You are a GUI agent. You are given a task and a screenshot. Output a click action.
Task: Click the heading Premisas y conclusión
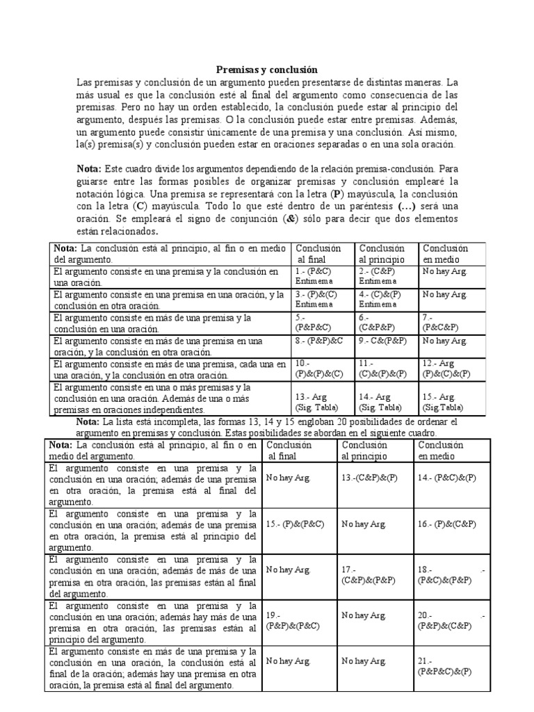click(266, 70)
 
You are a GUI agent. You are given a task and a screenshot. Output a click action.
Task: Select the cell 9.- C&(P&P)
click(384, 341)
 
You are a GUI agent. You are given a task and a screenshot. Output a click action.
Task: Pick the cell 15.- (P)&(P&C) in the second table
click(298, 524)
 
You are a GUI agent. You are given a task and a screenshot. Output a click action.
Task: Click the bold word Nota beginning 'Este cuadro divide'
click(88, 169)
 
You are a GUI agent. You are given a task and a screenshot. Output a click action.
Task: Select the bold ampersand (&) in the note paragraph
click(287, 219)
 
